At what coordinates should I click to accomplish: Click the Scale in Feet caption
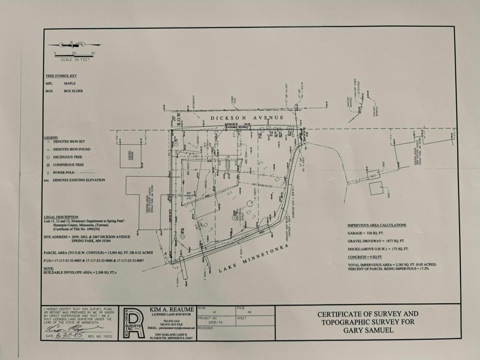[x=75, y=60]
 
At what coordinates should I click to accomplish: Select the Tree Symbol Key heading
[x=61, y=76]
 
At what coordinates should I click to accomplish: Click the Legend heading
[x=51, y=138]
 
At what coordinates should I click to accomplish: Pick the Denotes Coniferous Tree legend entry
[x=68, y=165]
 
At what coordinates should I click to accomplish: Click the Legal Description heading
[x=61, y=217]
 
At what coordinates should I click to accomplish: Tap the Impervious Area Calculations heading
[x=377, y=225]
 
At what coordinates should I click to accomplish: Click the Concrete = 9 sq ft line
[x=365, y=257]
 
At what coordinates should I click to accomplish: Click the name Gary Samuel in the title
[x=368, y=330]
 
